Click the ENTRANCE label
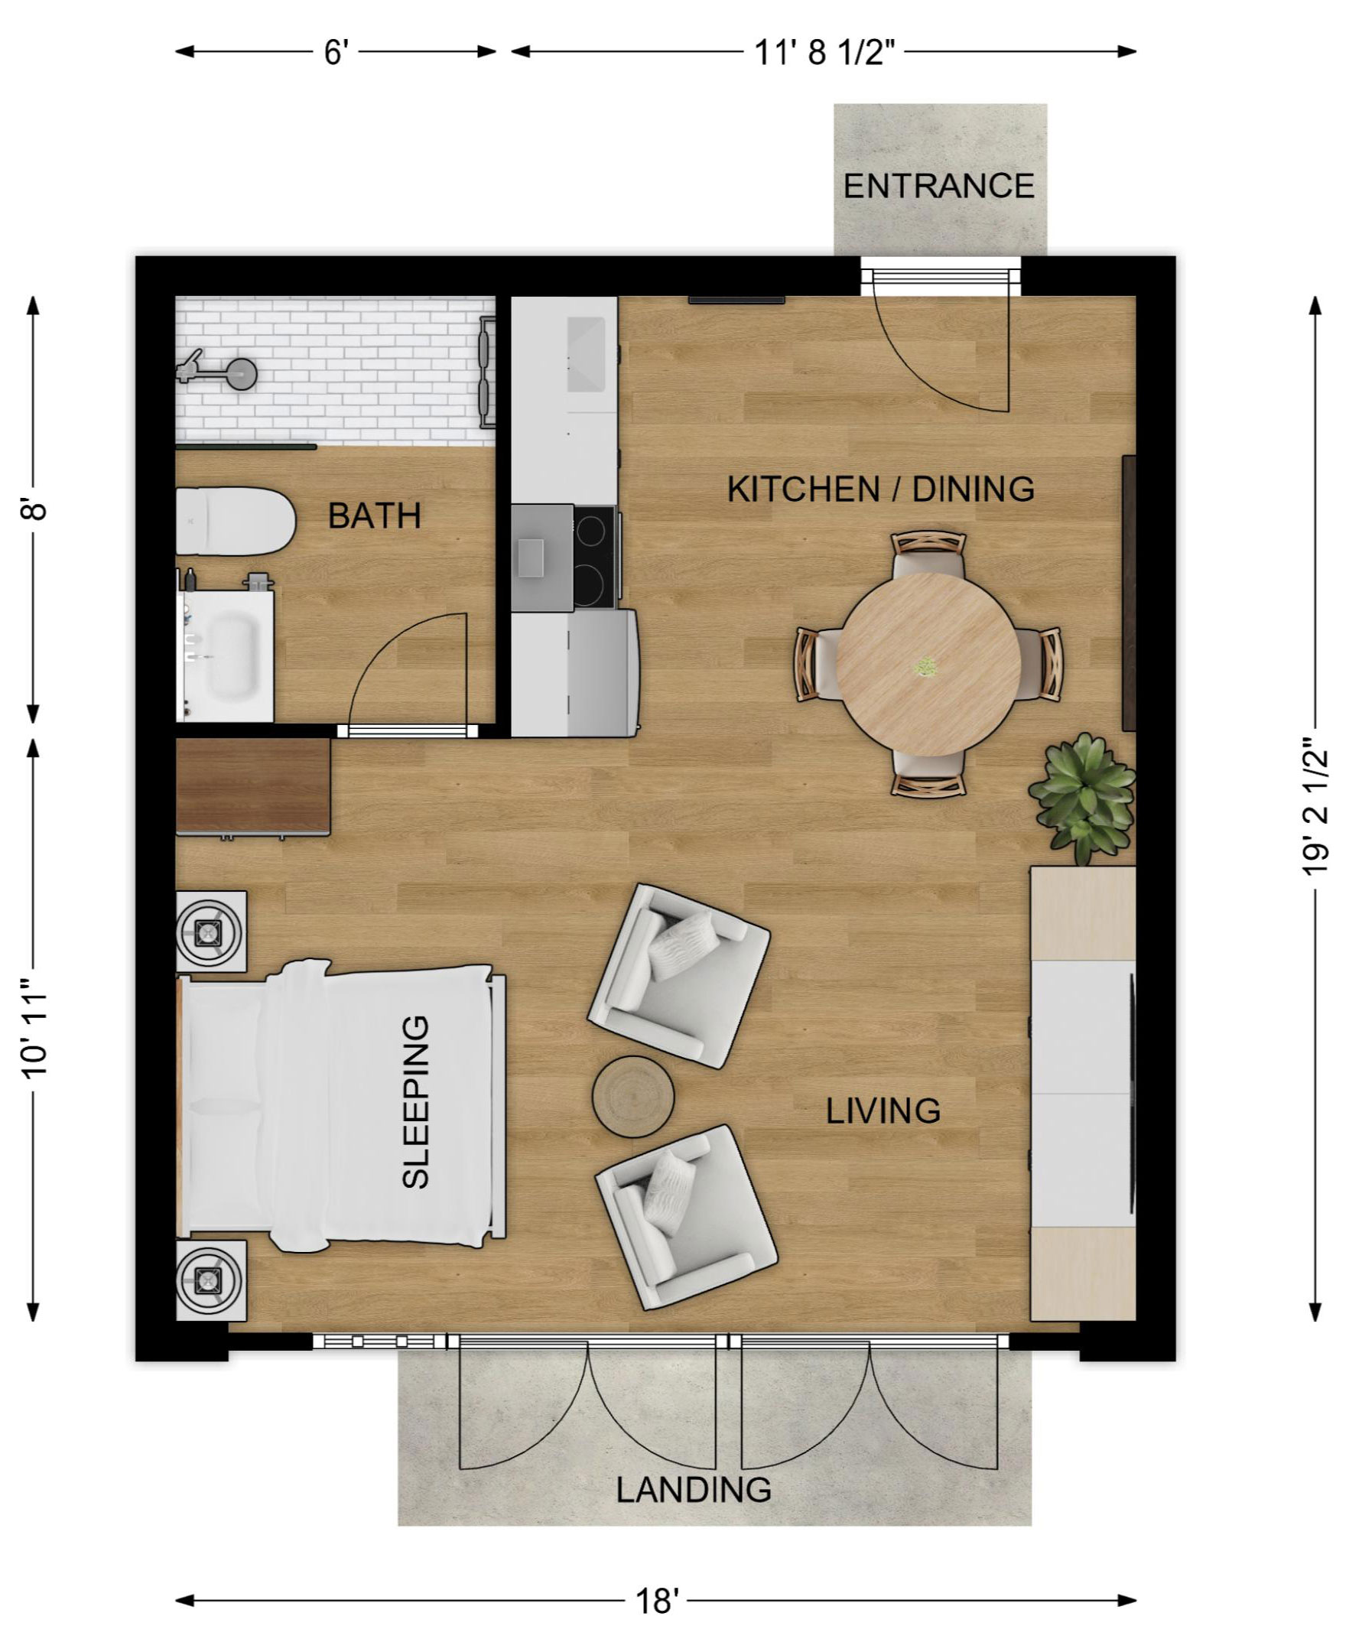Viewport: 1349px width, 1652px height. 938,187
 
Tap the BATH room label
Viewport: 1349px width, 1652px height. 374,516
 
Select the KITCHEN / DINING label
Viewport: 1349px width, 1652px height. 880,489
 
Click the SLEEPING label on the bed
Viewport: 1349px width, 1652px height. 416,1103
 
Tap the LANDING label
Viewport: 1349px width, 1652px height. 694,1490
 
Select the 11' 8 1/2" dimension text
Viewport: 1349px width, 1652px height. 824,52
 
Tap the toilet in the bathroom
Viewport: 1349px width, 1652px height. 235,521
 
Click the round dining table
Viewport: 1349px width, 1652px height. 928,665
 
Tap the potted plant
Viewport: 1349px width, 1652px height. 1081,796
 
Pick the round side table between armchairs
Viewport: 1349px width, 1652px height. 633,1097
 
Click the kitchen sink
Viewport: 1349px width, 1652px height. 586,354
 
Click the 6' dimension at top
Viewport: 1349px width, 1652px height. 336,52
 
